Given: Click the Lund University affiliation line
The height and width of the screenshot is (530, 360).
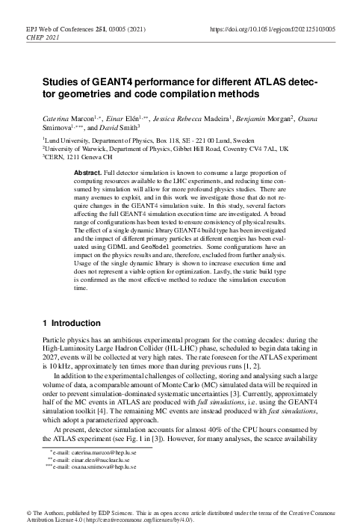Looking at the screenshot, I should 140,139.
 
